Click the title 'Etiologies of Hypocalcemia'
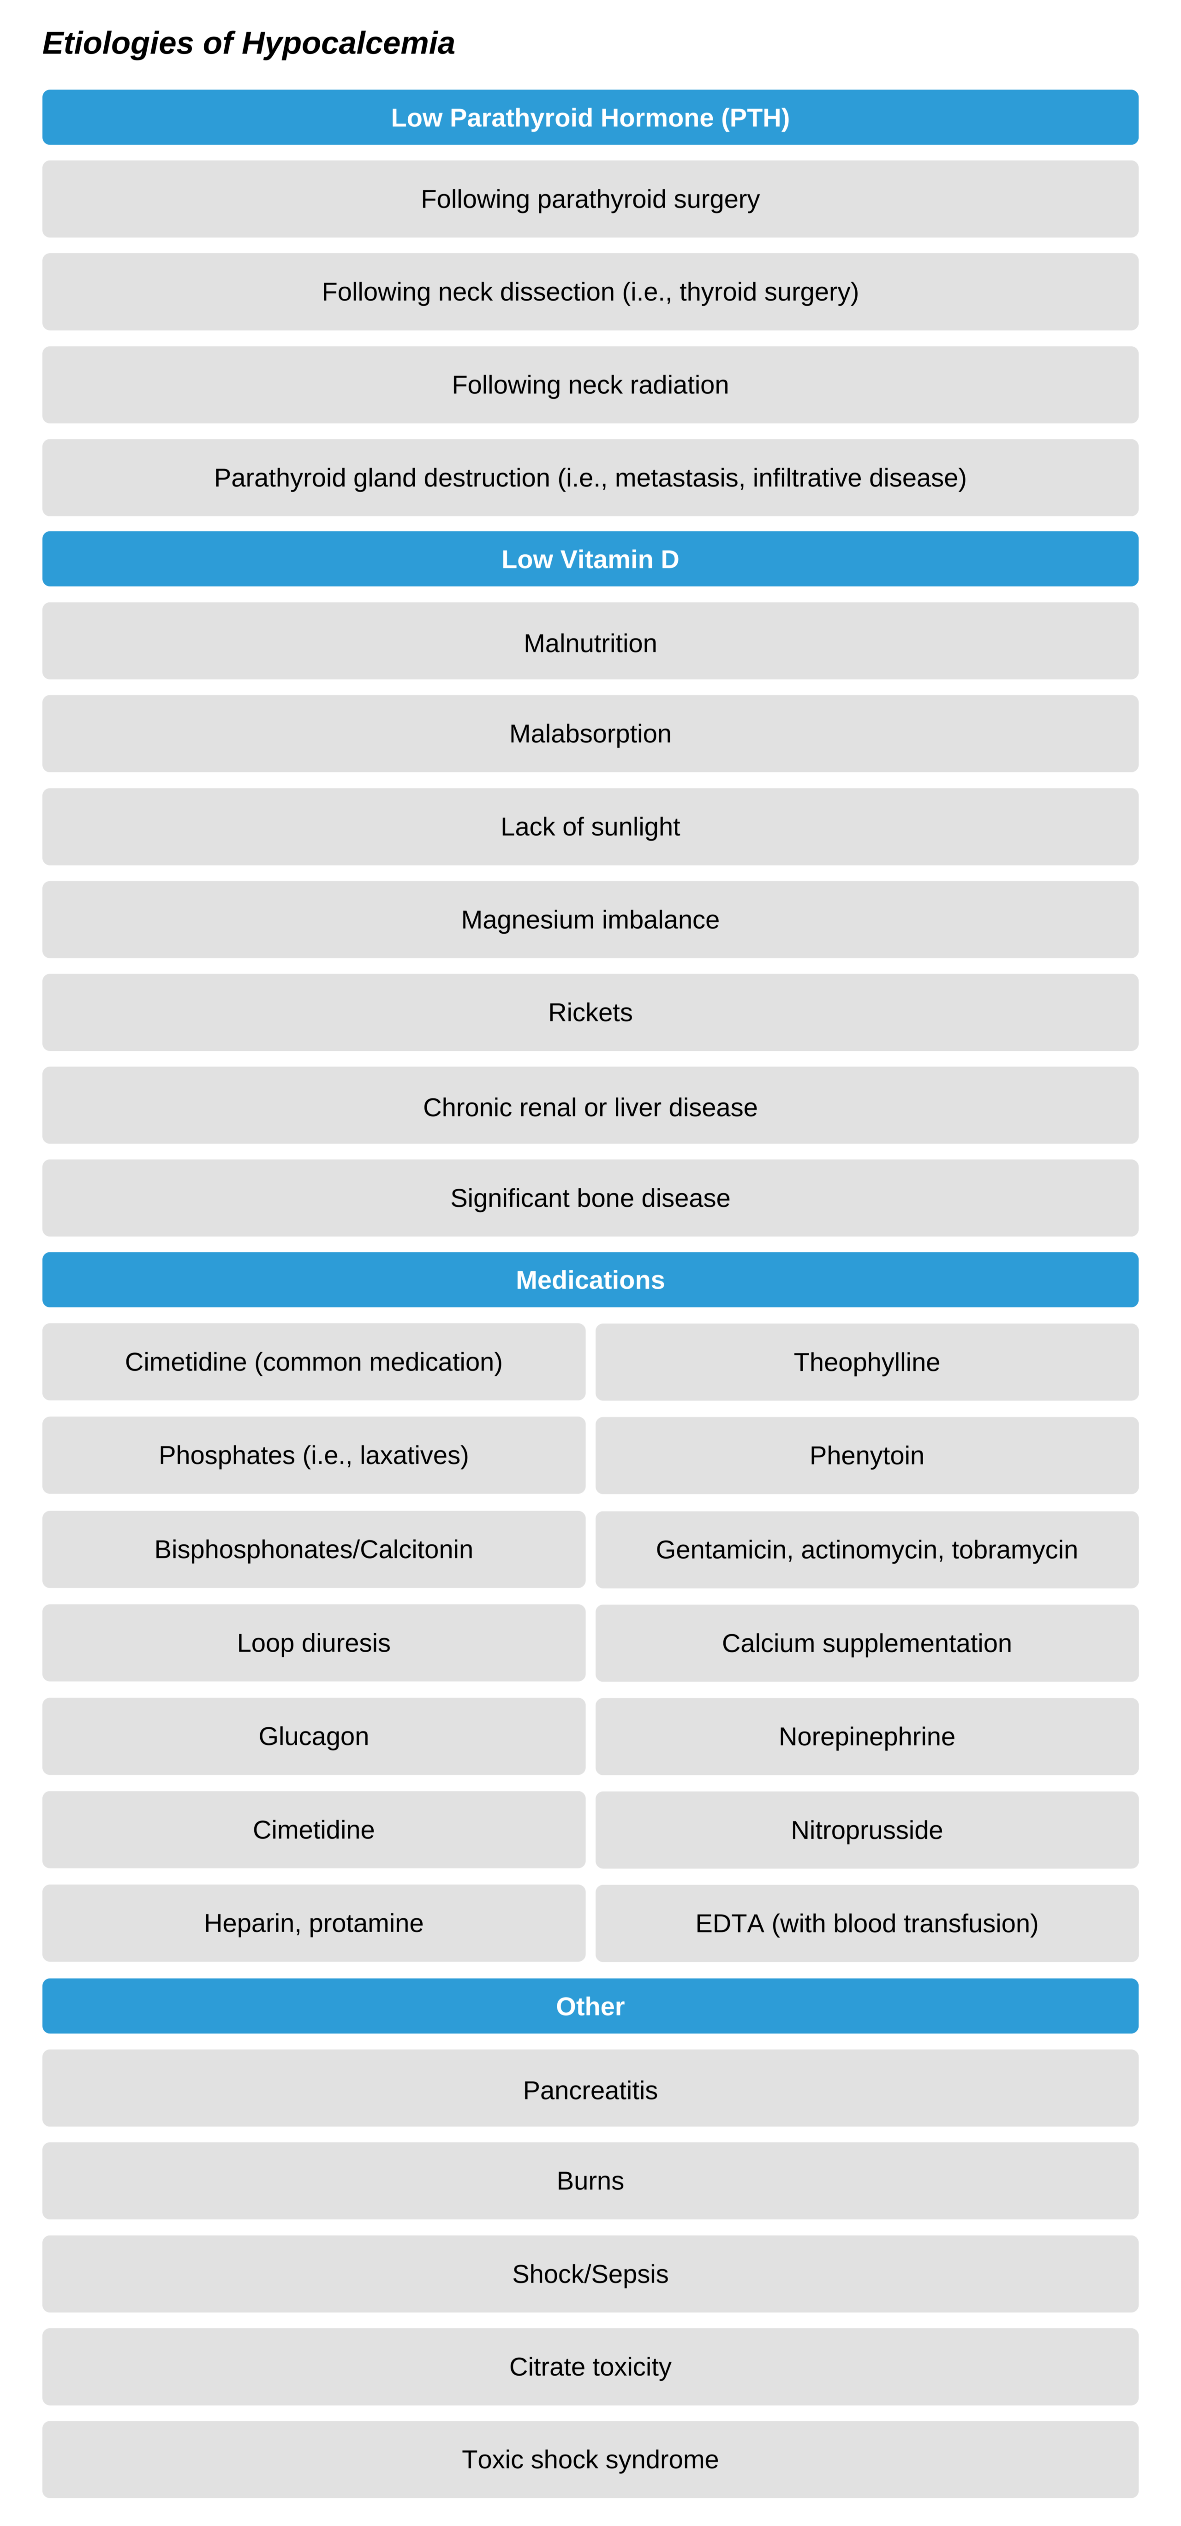(248, 43)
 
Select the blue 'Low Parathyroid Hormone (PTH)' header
(590, 118)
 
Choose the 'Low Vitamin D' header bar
(590, 559)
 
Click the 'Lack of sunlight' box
(590, 827)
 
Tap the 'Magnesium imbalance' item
(590, 920)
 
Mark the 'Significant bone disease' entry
(590, 1198)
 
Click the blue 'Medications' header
(590, 1280)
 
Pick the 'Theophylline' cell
(866, 1362)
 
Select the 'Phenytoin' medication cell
(866, 1455)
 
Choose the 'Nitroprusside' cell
(866, 1830)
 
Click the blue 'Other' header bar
(590, 2006)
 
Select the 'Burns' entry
(590, 2181)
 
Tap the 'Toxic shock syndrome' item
(590, 2459)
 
